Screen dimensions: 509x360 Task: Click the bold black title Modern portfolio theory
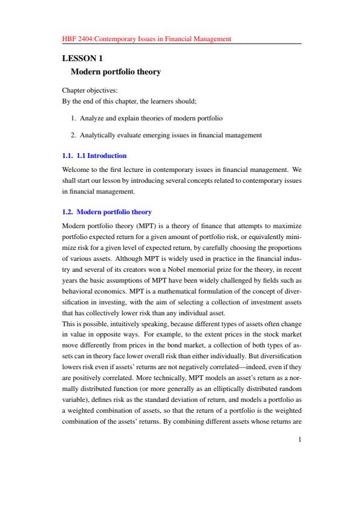[116, 72]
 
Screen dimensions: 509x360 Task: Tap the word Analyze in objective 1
[92, 117]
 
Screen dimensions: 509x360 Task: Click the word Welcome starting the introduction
[77, 169]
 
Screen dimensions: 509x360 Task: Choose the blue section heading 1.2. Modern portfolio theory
[106, 212]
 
